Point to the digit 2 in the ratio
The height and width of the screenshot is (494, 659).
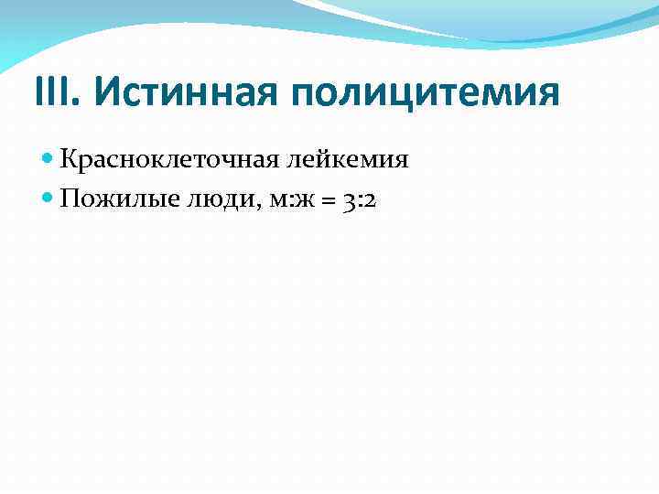pyautogui.click(x=369, y=202)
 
